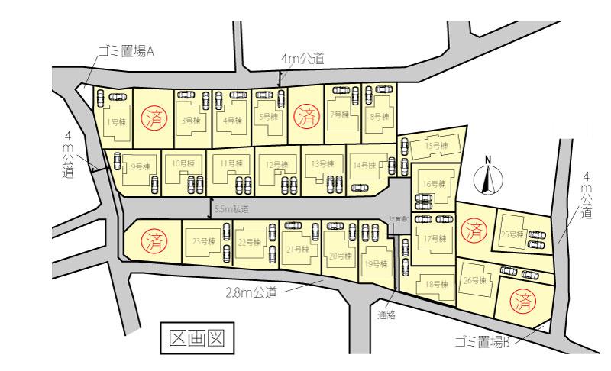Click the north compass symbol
[487, 178]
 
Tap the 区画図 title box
[197, 337]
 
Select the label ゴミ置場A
[126, 52]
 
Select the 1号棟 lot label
[112, 121]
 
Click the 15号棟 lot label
[435, 145]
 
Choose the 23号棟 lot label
[201, 242]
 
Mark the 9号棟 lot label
[137, 166]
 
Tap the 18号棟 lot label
[433, 284]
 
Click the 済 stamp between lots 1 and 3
[156, 117]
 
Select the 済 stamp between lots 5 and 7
[307, 117]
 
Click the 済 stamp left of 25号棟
[474, 227]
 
